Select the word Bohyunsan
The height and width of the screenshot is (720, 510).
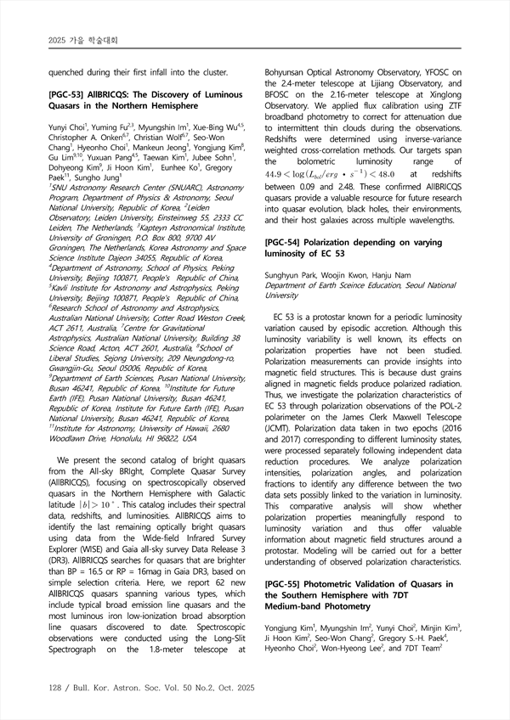[293, 72]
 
